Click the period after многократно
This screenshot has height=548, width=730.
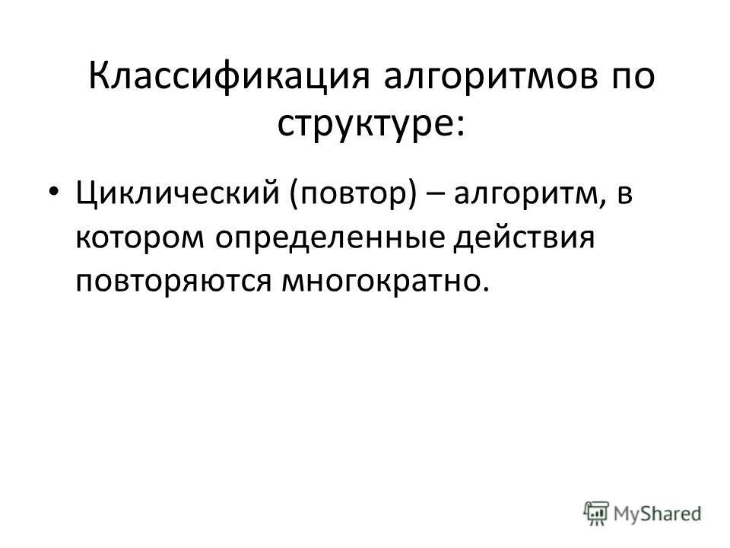481,288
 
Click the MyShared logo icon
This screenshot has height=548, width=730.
598,513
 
